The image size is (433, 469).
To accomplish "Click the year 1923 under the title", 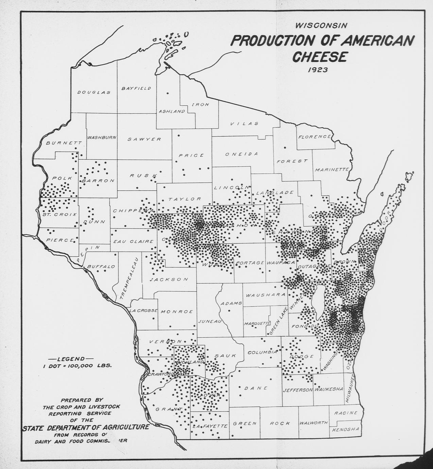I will (x=318, y=70).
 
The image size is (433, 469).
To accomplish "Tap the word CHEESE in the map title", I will (x=319, y=57).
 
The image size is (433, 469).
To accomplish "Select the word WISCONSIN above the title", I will (x=321, y=25).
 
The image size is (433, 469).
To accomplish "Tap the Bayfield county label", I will (x=136, y=88).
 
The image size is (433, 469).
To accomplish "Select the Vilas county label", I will (x=244, y=124).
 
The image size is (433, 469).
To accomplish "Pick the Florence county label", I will (x=314, y=137).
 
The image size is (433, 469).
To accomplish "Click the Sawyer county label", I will (x=144, y=139).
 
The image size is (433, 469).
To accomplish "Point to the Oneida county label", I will (x=241, y=154).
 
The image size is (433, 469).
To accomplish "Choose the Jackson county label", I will (x=169, y=279).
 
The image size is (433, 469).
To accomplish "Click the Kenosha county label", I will (x=345, y=429).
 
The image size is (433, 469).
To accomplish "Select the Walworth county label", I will (x=313, y=423).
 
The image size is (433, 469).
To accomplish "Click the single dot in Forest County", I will (x=285, y=147).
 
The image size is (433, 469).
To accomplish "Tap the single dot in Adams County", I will (x=229, y=310).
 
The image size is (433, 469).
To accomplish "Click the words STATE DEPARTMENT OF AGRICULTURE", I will (x=86, y=427).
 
